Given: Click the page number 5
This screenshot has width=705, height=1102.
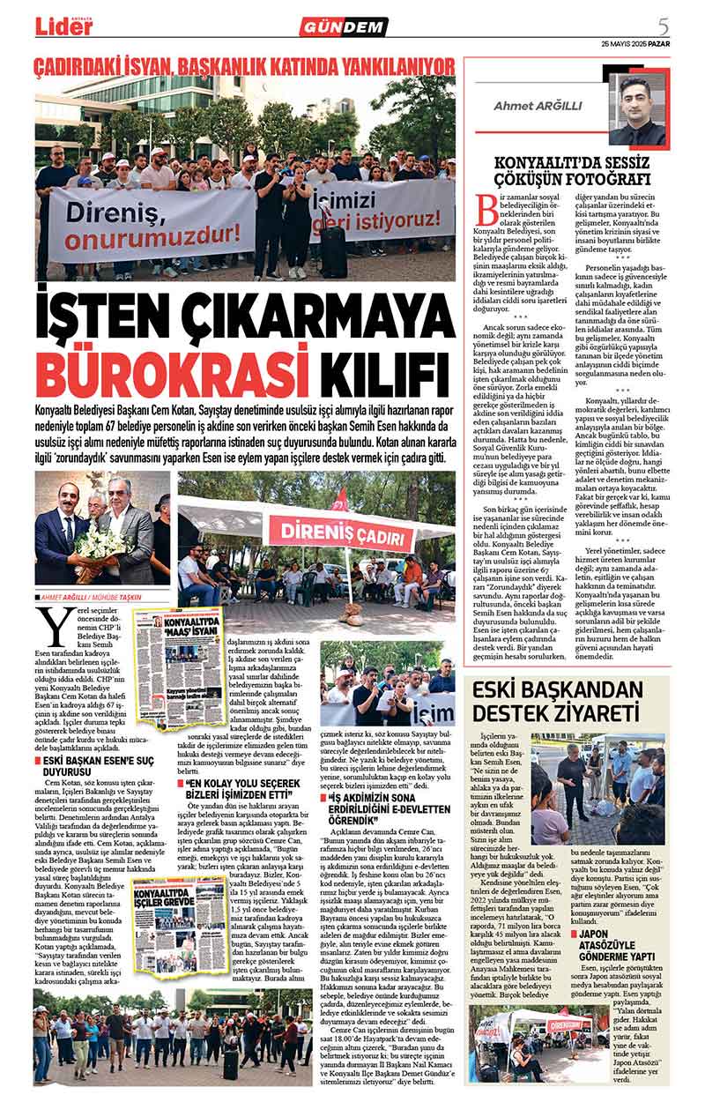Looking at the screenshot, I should tap(664, 25).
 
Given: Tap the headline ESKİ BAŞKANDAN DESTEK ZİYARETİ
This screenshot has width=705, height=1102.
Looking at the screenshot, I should tap(568, 701).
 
